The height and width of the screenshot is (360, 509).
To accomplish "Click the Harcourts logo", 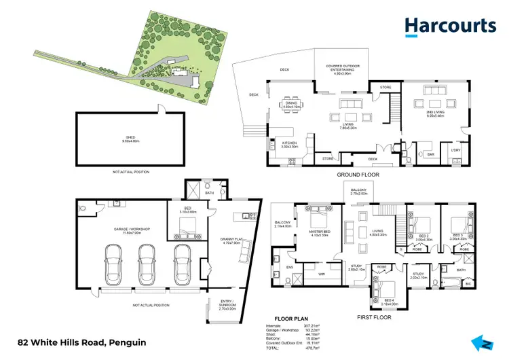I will click(x=450, y=26).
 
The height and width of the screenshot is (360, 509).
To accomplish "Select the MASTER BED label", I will click(x=319, y=234).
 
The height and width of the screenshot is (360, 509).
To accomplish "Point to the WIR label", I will click(x=323, y=274).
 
